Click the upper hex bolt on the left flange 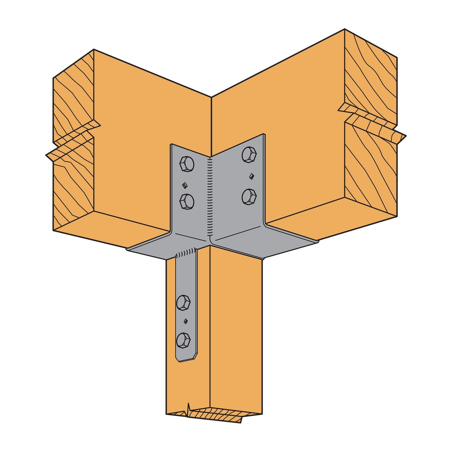pyautogui.click(x=187, y=164)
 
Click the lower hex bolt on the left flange pyautogui.click(x=187, y=201)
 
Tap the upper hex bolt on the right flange pyautogui.click(x=249, y=155)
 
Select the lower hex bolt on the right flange pyautogui.click(x=249, y=196)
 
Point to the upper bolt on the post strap pyautogui.click(x=183, y=303)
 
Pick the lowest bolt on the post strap pyautogui.click(x=183, y=340)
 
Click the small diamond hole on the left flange pyautogui.click(x=184, y=185)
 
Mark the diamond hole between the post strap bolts pyautogui.click(x=186, y=321)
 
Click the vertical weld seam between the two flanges pyautogui.click(x=210, y=198)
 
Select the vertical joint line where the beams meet pyautogui.click(x=211, y=124)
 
